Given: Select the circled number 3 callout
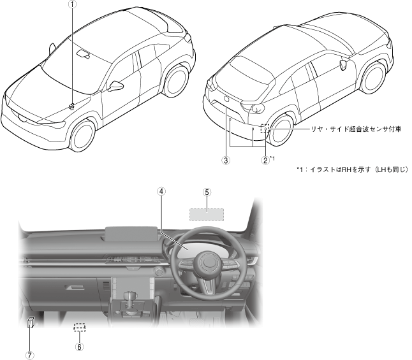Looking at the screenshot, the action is pyautogui.click(x=226, y=161).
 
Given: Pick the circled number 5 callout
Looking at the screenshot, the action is pyautogui.click(x=207, y=192).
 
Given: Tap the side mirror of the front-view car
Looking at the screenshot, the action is pyautogui.click(x=117, y=85).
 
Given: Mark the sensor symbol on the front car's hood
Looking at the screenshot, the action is pyautogui.click(x=73, y=106).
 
